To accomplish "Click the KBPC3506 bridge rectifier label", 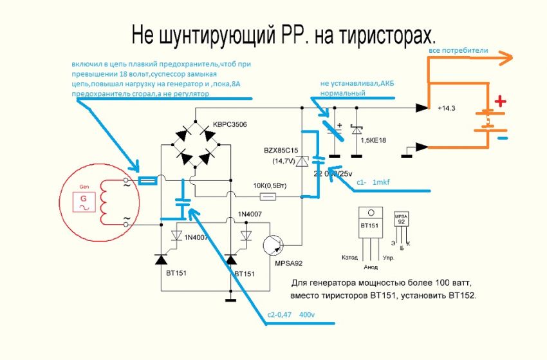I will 230,124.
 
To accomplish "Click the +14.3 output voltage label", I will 446,108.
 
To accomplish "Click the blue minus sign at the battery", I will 502,138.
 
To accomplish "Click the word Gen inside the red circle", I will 83,185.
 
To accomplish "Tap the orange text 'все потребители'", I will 459,50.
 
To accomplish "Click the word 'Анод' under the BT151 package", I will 371,267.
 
